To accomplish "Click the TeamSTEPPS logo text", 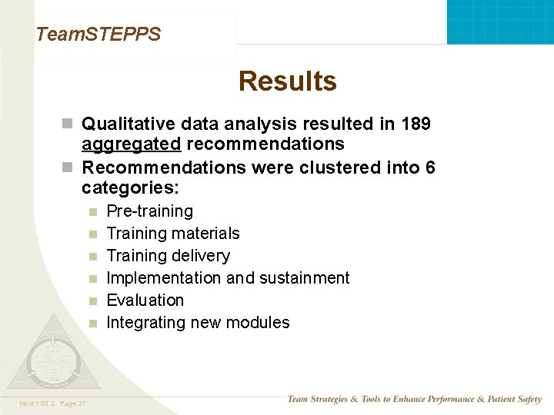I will pyautogui.click(x=98, y=34).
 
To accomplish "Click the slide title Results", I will pyautogui.click(x=287, y=81).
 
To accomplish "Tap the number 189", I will pyautogui.click(x=415, y=124).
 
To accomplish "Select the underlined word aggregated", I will pyautogui.click(x=132, y=144).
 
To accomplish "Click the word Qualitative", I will pyautogui.click(x=128, y=124).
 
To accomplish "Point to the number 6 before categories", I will pyautogui.click(x=429, y=168).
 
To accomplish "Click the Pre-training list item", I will pyautogui.click(x=149, y=211).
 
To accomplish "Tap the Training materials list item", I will pyautogui.click(x=173, y=234).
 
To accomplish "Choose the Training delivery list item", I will pyautogui.click(x=168, y=256).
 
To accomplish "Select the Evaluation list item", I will pyautogui.click(x=145, y=300).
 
